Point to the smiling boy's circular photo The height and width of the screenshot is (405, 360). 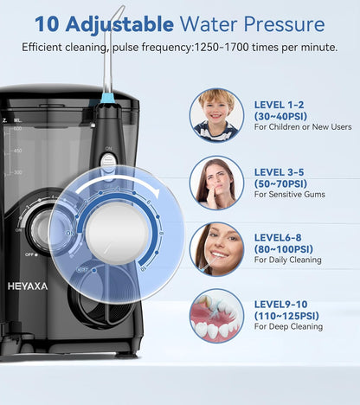point(216,114)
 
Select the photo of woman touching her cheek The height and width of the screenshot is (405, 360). point(216,183)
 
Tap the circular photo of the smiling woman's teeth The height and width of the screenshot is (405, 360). point(216,248)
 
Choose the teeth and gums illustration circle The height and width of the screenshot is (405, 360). point(216,315)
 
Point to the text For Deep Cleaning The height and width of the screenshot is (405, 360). point(288,327)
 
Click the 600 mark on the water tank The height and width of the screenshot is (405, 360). point(16,129)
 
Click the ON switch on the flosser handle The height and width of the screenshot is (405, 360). point(108,161)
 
